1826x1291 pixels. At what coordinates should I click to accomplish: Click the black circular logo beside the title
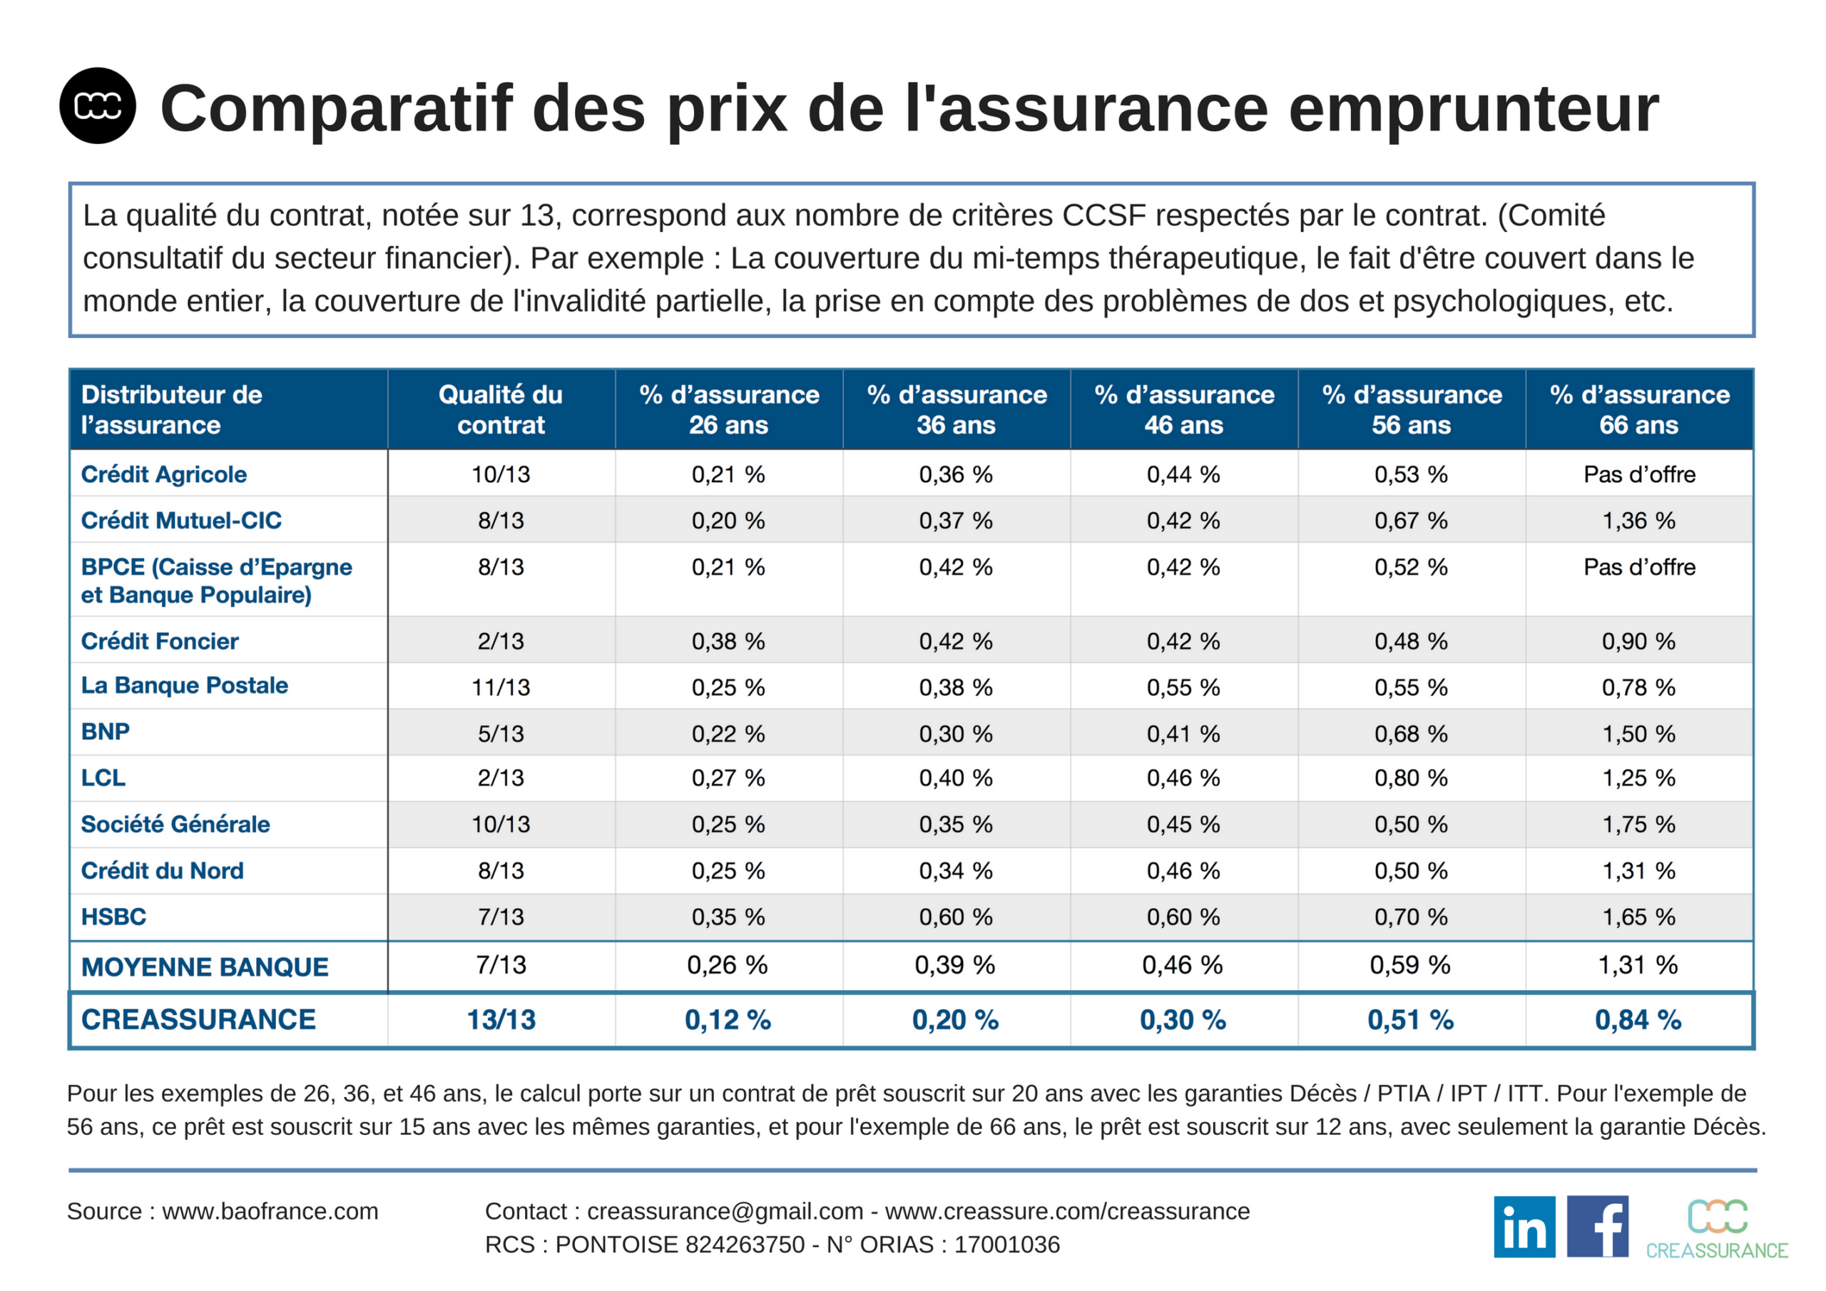click(x=97, y=106)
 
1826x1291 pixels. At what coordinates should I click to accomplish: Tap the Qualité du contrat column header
click(x=500, y=409)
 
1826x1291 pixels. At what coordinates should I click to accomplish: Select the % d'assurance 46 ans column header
click(x=1183, y=409)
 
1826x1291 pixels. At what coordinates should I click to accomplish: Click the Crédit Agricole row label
click(x=164, y=474)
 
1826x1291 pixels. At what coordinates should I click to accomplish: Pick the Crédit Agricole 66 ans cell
click(x=1638, y=474)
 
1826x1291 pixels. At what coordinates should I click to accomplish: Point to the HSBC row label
click(x=113, y=917)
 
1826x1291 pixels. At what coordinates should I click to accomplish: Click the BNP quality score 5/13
click(x=500, y=733)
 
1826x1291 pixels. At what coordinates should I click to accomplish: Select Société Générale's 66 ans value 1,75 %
click(x=1638, y=824)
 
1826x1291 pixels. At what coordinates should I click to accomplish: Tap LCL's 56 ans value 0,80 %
click(x=1411, y=778)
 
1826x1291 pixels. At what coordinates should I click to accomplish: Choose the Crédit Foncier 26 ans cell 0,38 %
click(x=728, y=641)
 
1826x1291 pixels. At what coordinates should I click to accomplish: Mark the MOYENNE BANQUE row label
click(x=205, y=966)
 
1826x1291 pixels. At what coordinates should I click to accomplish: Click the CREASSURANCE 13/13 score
click(x=500, y=1020)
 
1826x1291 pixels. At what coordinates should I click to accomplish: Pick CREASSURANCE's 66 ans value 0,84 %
click(x=1638, y=1020)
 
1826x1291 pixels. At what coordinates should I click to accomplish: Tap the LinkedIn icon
click(x=1524, y=1227)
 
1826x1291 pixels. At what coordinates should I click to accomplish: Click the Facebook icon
click(x=1598, y=1227)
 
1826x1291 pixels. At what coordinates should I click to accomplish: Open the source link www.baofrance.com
click(x=270, y=1210)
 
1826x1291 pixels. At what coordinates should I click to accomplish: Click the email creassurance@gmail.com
click(x=725, y=1210)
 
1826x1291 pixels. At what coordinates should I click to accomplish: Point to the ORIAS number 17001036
click(x=1007, y=1244)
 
